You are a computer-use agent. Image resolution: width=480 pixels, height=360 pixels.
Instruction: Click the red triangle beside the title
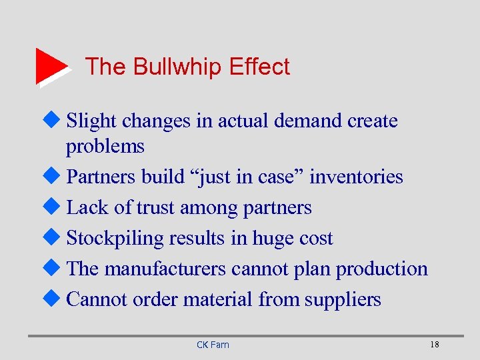coord(51,66)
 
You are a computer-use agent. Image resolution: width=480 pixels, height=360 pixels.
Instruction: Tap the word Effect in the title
coord(259,67)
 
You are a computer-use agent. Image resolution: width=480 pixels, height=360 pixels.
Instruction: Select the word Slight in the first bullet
coord(91,121)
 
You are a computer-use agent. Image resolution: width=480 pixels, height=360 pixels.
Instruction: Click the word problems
coord(105,146)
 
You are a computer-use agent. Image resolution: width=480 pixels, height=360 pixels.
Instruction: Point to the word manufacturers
coord(165,269)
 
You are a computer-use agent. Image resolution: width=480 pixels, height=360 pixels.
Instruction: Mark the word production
coord(381,269)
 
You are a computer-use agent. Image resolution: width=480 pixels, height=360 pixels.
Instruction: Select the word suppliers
coord(343,299)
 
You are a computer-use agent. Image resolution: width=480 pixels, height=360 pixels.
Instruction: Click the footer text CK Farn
coord(213,345)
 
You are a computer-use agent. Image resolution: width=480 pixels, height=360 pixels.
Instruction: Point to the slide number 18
coord(435,345)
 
